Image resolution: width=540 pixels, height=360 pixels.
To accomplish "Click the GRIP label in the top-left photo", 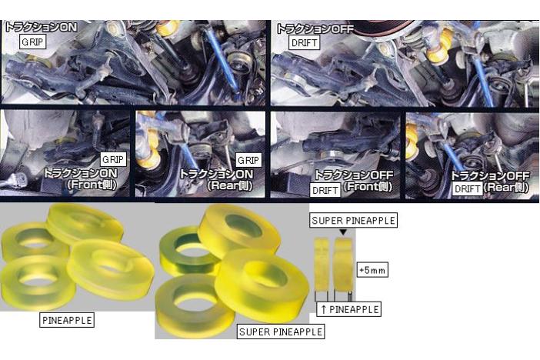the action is (32, 42).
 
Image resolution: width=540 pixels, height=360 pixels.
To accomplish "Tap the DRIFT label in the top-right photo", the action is (304, 43).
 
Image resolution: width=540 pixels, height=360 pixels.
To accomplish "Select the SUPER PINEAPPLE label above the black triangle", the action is (353, 221).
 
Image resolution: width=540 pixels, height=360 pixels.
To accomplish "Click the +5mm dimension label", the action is (372, 270).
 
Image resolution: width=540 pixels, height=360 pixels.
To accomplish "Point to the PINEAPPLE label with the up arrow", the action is (349, 309).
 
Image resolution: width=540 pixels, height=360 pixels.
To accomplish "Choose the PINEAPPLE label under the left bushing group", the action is (67, 320).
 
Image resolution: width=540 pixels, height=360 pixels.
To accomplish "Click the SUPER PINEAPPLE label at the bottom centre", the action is (281, 332).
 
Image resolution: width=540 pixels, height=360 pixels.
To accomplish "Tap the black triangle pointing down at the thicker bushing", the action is (343, 232).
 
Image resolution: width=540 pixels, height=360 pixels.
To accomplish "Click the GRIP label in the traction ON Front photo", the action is (112, 159).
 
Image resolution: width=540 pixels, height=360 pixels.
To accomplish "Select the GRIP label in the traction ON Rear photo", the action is (248, 160).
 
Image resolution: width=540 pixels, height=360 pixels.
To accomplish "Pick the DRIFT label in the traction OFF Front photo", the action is (325, 190).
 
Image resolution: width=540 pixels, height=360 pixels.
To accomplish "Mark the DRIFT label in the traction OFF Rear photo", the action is (467, 189).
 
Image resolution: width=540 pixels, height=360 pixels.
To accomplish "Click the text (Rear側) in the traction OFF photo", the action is (506, 188).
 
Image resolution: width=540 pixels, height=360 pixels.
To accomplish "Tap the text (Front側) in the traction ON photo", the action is (92, 185).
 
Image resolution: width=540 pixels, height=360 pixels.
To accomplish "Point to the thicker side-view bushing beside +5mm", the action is (343, 265).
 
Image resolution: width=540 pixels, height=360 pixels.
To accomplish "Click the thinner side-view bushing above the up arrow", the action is (322, 264).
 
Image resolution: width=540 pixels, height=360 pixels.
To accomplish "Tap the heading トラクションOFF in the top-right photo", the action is (315, 28).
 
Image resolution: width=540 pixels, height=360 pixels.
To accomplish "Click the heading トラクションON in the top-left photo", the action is (41, 27).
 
